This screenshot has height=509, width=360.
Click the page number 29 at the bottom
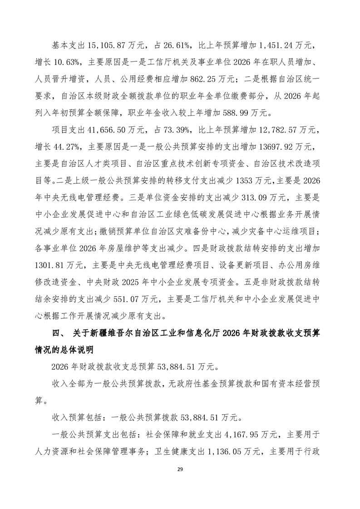coord(180,480)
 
